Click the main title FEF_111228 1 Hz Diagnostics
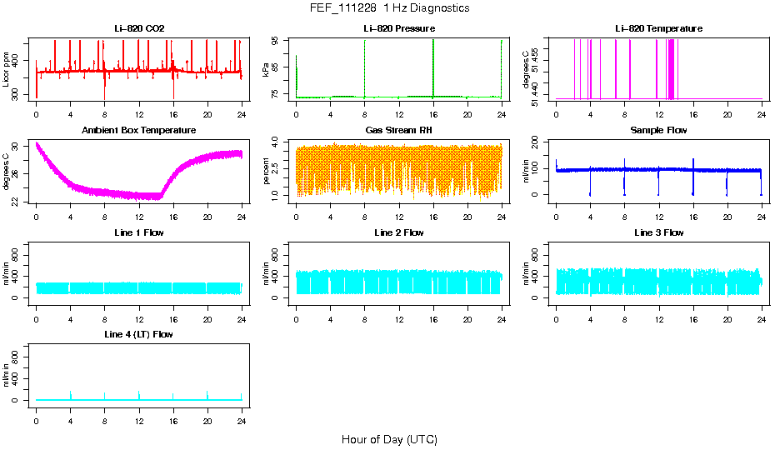click(x=389, y=8)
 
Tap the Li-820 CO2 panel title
click(x=139, y=28)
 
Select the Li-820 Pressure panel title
click(x=399, y=28)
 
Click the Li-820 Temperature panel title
click(x=658, y=28)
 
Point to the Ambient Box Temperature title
click(x=139, y=131)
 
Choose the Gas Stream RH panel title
click(x=399, y=131)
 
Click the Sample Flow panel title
click(x=658, y=131)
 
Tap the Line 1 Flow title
click(x=139, y=232)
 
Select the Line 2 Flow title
click(x=399, y=232)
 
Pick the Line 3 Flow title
click(x=658, y=232)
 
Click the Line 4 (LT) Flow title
click(x=139, y=334)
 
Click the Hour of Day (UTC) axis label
click(x=389, y=439)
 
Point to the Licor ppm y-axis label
click(x=7, y=70)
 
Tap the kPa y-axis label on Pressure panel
click(x=267, y=70)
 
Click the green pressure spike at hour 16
click(x=433, y=67)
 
